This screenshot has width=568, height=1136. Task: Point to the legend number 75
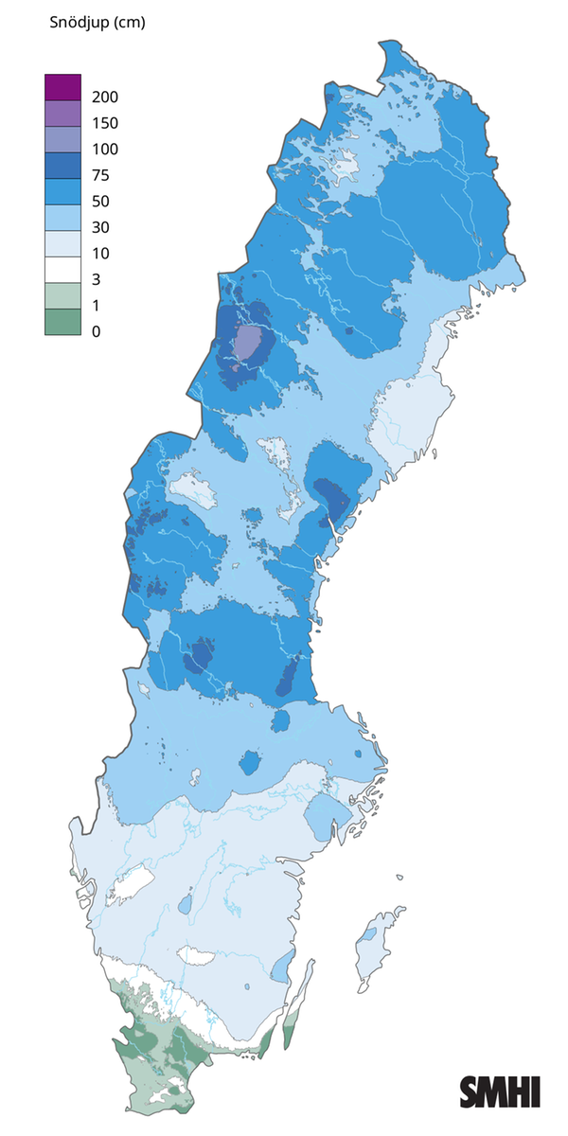tap(102, 175)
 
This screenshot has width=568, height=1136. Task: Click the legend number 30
tap(102, 227)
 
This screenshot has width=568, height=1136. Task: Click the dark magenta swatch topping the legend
tap(62, 87)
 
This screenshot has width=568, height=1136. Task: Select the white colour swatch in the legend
tap(62, 270)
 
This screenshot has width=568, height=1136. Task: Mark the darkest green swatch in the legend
tap(62, 322)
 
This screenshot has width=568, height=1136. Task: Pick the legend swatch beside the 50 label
tap(62, 191)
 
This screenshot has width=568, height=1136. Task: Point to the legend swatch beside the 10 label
tap(62, 243)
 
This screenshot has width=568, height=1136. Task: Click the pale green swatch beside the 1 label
tap(62, 295)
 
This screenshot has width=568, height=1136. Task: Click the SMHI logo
tap(500, 1092)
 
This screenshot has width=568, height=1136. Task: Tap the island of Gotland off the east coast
tap(374, 947)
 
